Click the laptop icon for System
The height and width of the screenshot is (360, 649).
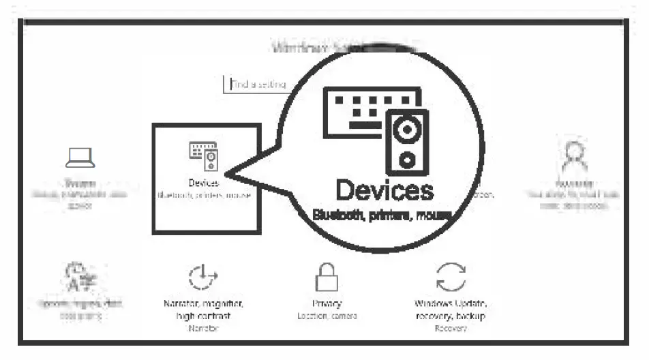(x=80, y=158)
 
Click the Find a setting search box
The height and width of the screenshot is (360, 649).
(x=256, y=85)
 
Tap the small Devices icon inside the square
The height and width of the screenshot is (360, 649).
(x=203, y=156)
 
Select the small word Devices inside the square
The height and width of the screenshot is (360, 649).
(x=203, y=183)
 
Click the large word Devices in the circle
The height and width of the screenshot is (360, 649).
(x=384, y=190)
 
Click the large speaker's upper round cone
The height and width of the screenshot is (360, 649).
(x=407, y=130)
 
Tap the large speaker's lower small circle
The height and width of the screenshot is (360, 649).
(x=407, y=160)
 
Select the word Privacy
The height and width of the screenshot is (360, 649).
(x=327, y=304)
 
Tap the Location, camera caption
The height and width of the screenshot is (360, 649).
(x=327, y=316)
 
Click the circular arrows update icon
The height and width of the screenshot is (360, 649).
(x=451, y=277)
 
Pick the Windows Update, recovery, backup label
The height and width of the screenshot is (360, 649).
(x=451, y=310)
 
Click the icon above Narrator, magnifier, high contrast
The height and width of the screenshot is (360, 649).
(x=202, y=277)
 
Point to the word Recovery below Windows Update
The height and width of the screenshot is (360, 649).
(x=451, y=329)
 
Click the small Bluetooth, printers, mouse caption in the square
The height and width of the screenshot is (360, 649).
(x=205, y=195)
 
